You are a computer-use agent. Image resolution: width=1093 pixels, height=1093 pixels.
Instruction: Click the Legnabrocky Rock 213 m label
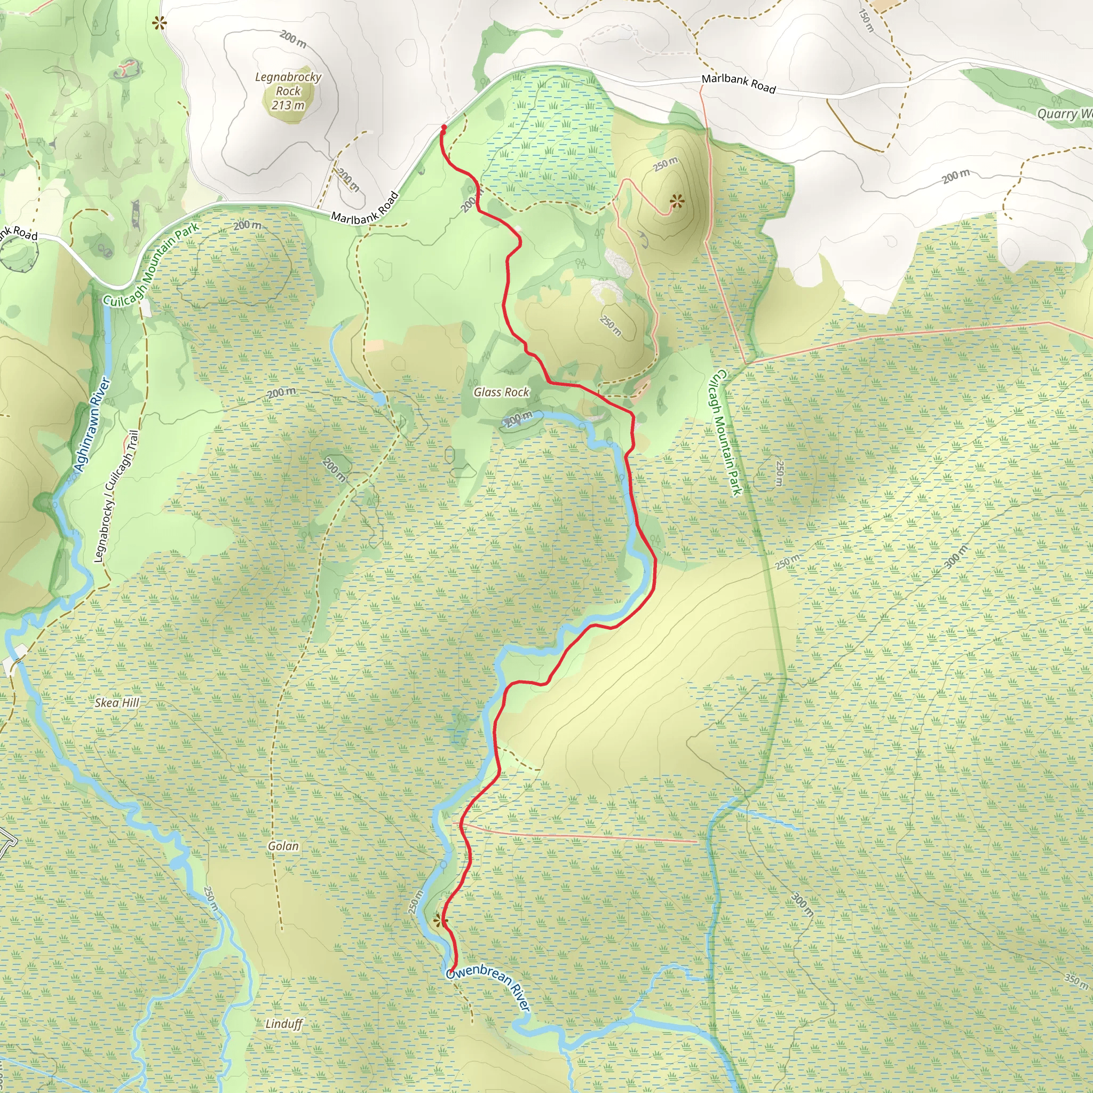pyautogui.click(x=288, y=91)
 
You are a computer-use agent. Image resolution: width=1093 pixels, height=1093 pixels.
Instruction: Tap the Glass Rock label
pyautogui.click(x=501, y=392)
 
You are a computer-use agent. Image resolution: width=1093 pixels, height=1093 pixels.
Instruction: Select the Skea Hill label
pyautogui.click(x=116, y=703)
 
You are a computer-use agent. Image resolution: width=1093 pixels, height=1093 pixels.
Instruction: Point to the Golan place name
pyautogui.click(x=283, y=846)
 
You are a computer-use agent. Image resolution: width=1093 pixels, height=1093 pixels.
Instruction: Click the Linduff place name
pyautogui.click(x=284, y=1024)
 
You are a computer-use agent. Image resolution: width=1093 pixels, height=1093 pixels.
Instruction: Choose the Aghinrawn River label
pyautogui.click(x=92, y=424)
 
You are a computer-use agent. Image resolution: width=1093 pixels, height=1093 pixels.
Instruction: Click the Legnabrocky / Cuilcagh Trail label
pyautogui.click(x=115, y=497)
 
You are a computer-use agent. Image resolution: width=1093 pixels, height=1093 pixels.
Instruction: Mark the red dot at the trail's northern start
pyautogui.click(x=444, y=128)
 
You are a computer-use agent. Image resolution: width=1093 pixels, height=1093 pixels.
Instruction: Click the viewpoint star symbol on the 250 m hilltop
pyautogui.click(x=677, y=200)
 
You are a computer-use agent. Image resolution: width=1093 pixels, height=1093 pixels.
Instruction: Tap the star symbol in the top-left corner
pyautogui.click(x=160, y=23)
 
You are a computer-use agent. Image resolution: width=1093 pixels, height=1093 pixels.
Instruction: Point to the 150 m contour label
pyautogui.click(x=866, y=20)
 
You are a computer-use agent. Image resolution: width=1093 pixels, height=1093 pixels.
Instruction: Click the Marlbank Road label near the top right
pyautogui.click(x=738, y=83)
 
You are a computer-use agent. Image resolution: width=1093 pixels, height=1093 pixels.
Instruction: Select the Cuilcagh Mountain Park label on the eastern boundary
pyautogui.click(x=726, y=433)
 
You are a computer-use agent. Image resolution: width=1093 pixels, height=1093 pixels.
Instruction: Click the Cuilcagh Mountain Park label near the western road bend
pyautogui.click(x=151, y=265)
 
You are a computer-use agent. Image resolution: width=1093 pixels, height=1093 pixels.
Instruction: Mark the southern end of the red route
pyautogui.click(x=451, y=971)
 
